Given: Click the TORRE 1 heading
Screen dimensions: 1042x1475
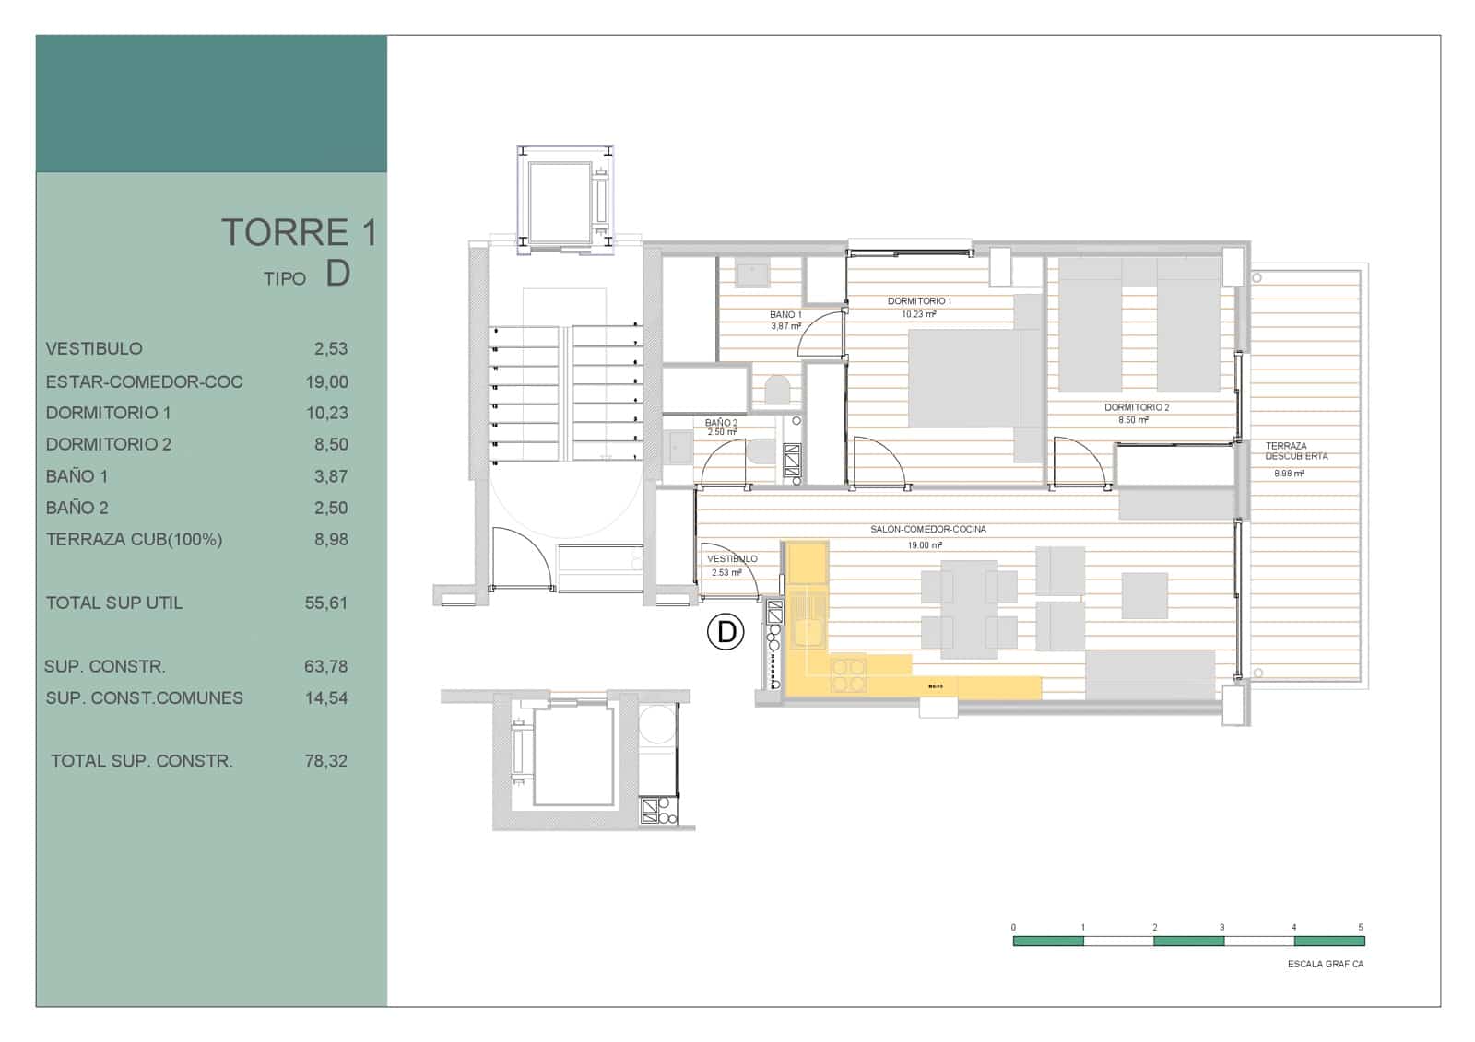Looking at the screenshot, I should [299, 232].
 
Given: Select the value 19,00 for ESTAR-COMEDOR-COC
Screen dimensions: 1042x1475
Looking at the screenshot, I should [327, 381].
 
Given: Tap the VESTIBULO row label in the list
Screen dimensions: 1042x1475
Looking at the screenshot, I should [94, 348].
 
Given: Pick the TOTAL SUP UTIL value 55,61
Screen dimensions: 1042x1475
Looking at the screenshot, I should [326, 603].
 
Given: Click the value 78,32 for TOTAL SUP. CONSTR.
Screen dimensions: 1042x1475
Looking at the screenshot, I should [326, 761].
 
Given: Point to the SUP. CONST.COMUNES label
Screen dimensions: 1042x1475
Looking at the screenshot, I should [145, 697].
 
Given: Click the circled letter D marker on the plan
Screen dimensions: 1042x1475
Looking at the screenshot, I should [726, 632].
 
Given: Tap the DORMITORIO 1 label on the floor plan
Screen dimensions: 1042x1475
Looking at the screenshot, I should [919, 301].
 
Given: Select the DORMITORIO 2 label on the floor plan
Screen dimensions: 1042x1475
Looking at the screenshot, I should [1137, 407].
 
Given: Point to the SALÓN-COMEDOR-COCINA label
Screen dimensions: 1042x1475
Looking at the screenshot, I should [927, 530].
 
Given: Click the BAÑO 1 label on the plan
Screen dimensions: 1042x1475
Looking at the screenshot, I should [785, 315].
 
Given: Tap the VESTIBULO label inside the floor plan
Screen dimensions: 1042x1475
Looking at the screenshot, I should [732, 559].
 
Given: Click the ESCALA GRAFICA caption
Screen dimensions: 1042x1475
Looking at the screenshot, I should [1325, 964].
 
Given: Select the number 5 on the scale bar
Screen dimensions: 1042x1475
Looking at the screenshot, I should [1360, 927].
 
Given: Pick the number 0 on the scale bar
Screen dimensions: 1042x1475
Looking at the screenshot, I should [1013, 927].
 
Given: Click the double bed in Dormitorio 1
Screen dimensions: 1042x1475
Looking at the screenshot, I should [964, 378].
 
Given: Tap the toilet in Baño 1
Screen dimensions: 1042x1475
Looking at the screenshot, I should [777, 390].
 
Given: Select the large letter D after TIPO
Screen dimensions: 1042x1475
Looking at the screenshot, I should [337, 273].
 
